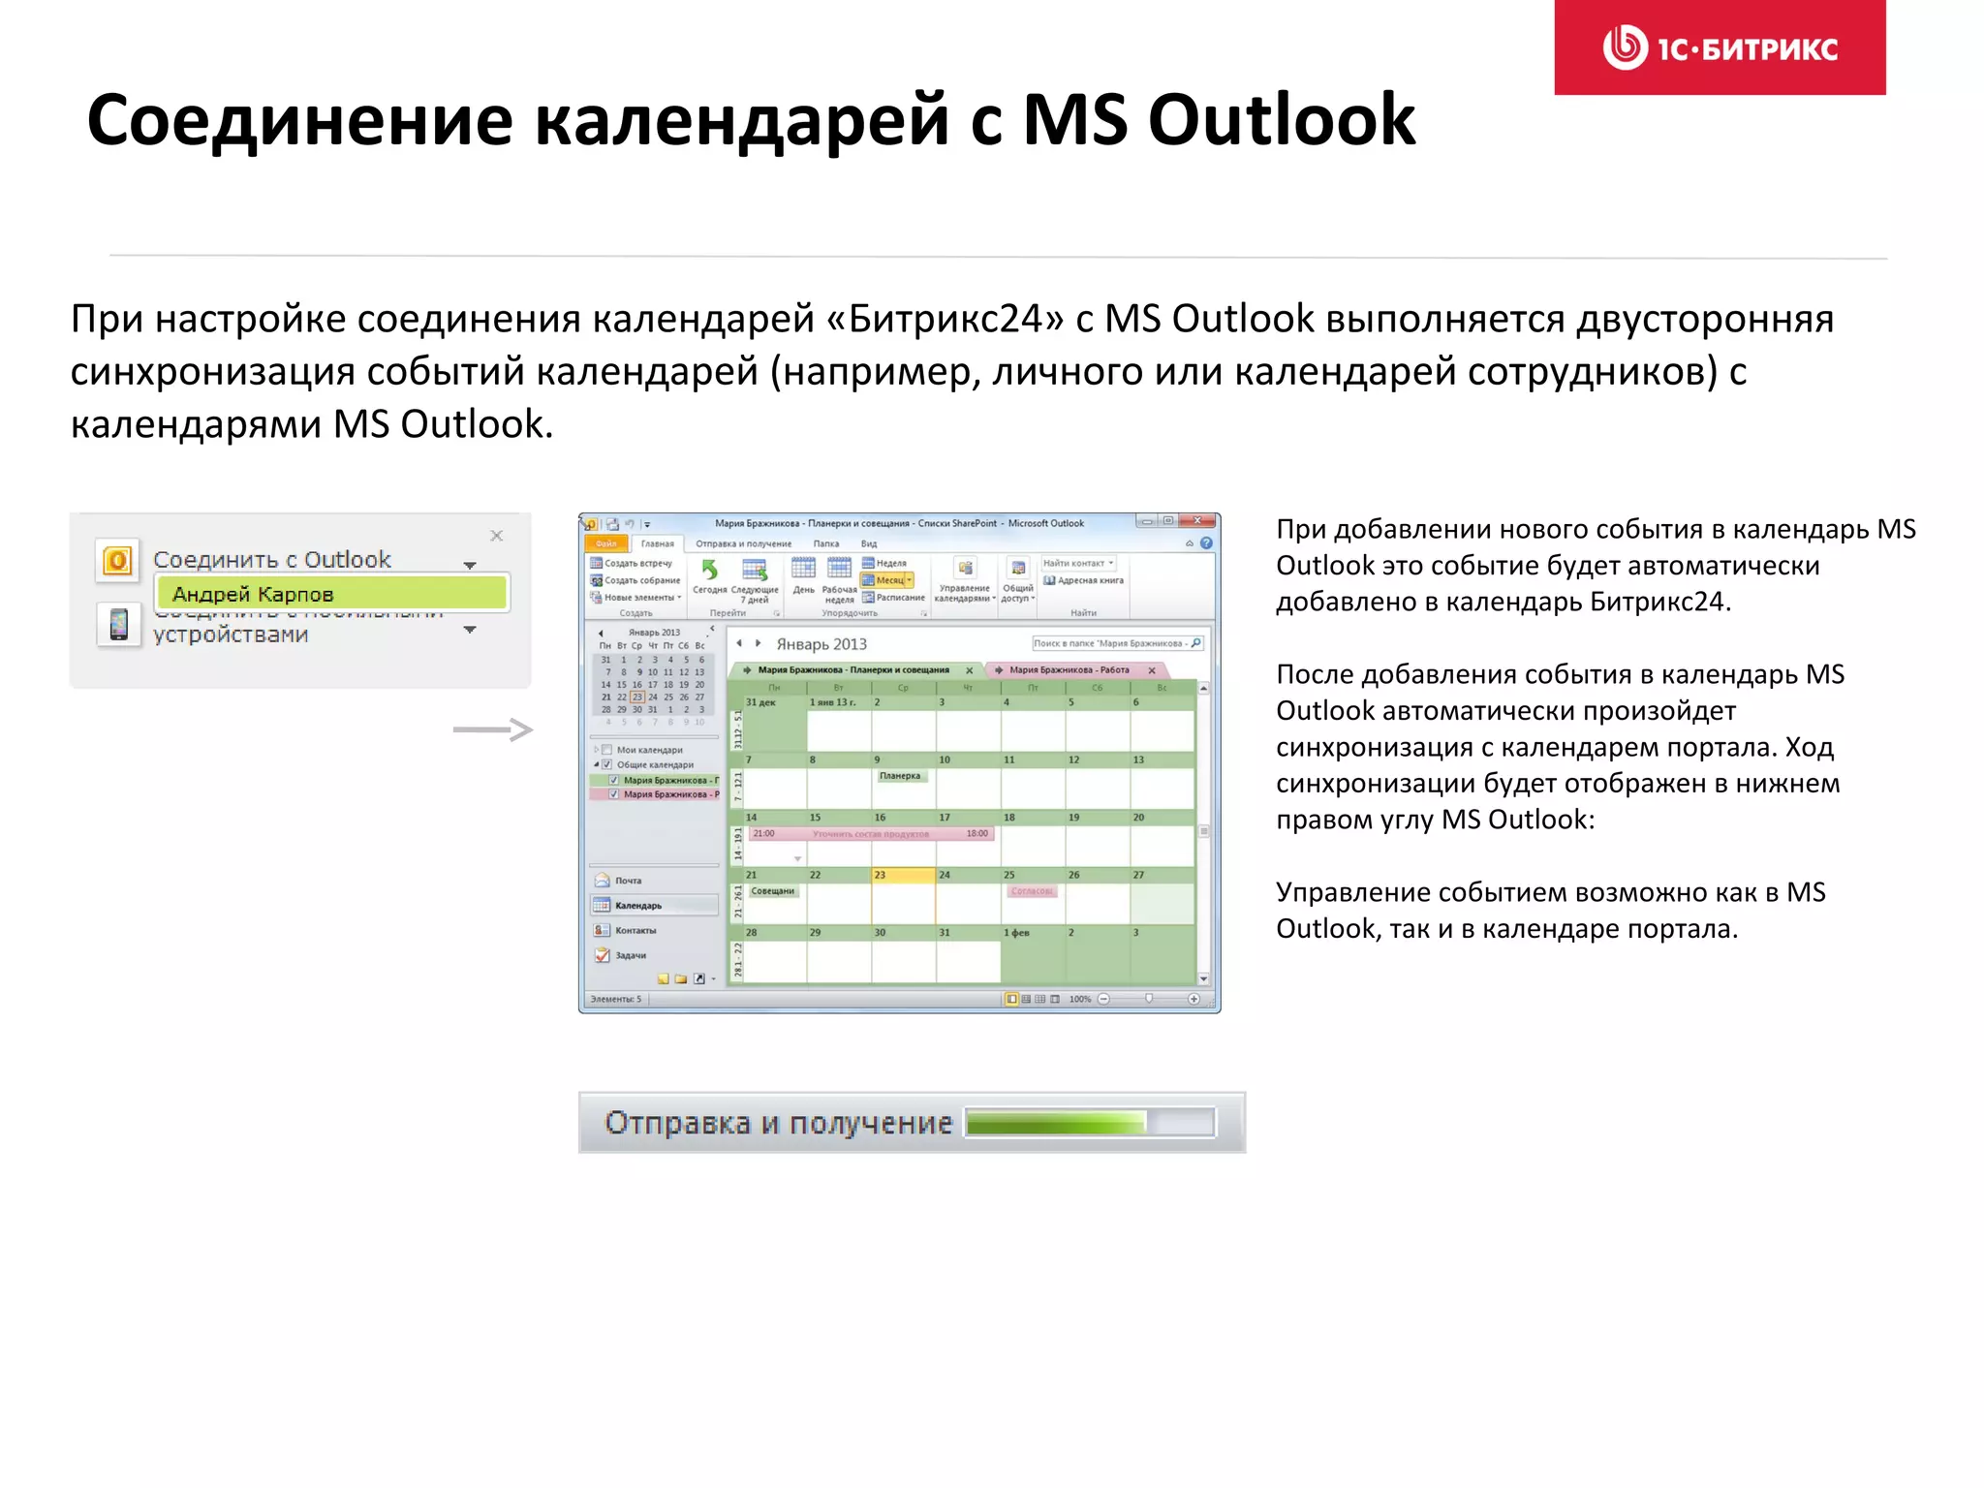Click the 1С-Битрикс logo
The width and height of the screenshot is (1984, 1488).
1720,47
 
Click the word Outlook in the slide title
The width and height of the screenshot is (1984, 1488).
1281,120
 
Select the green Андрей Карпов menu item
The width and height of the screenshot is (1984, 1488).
330,594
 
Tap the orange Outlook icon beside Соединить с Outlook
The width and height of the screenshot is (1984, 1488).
118,560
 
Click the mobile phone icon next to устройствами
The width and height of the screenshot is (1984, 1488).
118,624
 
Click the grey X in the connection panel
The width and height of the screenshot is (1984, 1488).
497,536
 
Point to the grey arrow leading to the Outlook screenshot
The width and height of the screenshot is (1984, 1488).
492,729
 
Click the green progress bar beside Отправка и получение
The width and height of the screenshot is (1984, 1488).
1056,1123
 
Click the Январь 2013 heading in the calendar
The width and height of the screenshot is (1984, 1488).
821,644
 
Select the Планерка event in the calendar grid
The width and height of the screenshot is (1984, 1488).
901,776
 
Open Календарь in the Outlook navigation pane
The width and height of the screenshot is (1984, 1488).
637,906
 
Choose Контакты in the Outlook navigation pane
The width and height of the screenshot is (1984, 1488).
635,930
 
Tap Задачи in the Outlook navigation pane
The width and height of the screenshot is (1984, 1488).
630,955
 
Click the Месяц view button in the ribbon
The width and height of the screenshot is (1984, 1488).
889,580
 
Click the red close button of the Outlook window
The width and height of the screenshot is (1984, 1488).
1197,521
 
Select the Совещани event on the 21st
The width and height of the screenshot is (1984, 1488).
773,891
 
